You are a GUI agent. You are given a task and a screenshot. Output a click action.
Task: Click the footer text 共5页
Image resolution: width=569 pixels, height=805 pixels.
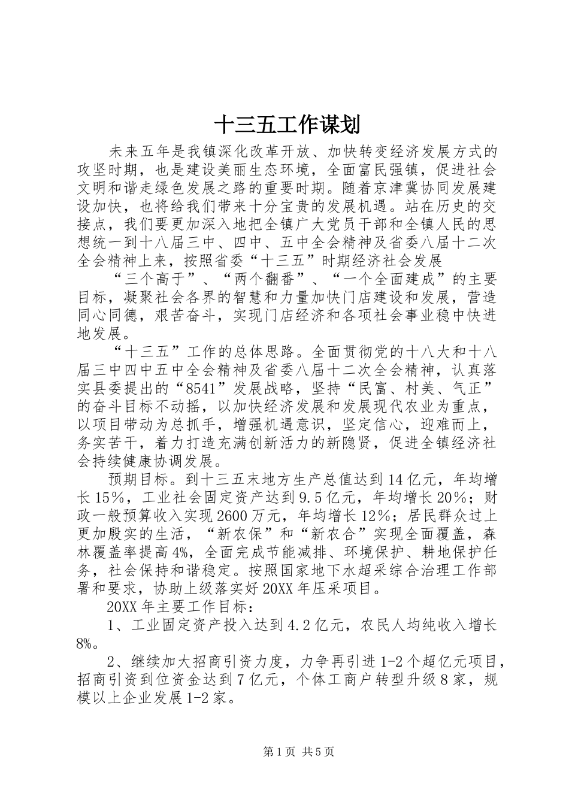[318, 752]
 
